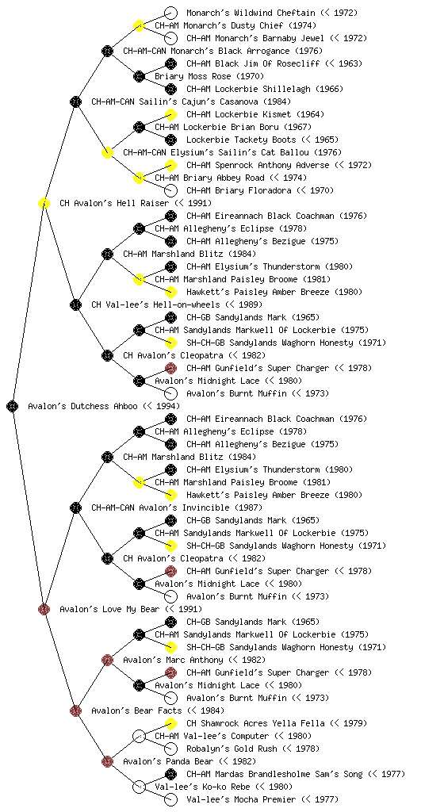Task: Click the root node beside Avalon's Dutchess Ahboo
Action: (13, 406)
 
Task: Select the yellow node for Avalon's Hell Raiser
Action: (44, 203)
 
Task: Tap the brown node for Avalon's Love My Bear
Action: (44, 609)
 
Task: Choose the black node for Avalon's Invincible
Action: (75, 507)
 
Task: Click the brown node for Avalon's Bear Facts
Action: (75, 710)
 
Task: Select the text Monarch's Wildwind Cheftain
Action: (251, 13)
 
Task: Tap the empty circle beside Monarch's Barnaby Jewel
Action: (170, 38)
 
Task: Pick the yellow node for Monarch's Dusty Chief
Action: (139, 25)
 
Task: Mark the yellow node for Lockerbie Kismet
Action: (170, 114)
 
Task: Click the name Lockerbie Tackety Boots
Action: (241, 140)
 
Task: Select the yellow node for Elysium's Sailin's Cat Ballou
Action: (107, 152)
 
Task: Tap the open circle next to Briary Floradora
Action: (170, 190)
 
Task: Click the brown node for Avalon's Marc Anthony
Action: (107, 660)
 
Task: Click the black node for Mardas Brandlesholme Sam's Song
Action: (170, 774)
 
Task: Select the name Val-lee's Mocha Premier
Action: (241, 799)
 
